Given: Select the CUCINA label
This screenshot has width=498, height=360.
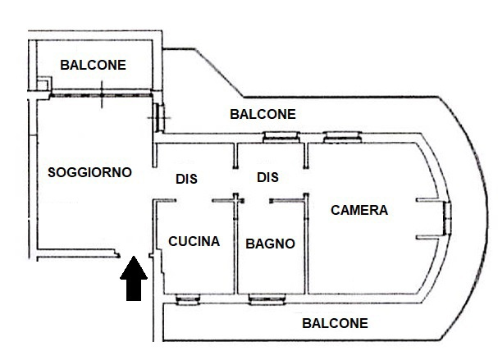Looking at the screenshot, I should tap(194, 241).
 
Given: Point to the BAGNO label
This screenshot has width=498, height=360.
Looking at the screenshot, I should tap(270, 244).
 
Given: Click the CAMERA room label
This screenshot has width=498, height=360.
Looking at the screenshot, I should tap(359, 210).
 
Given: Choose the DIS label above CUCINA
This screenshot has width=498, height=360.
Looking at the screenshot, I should tap(186, 178).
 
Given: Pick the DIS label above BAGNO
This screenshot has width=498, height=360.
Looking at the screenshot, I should tap(267, 177).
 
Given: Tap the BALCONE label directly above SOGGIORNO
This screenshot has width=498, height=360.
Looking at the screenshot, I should tap(93, 65).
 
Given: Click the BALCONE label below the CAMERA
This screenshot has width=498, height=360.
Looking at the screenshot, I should tap(335, 323).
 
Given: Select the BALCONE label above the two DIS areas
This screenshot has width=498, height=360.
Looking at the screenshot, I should tap(263, 114).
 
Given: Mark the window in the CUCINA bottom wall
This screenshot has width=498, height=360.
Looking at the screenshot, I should tap(186, 298).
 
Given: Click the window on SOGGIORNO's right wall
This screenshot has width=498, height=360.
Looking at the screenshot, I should tap(158, 116).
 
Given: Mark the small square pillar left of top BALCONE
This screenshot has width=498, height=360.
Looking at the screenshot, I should tap(43, 84).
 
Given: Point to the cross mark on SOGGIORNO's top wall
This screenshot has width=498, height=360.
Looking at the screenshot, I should tap(100, 97).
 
